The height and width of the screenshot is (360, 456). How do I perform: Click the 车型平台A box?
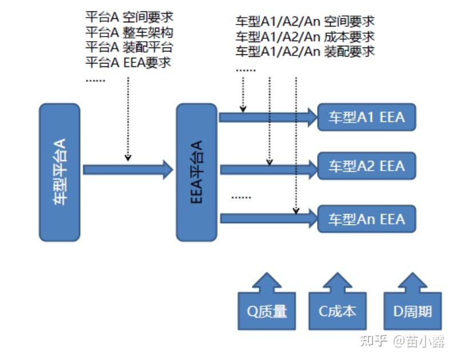[60, 172]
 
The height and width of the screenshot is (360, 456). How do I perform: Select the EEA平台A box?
[196, 172]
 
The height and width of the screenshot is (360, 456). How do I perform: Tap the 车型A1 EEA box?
[366, 117]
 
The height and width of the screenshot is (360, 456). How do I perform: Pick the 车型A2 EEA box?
[366, 167]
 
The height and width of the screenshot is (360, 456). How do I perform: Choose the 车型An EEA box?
[366, 219]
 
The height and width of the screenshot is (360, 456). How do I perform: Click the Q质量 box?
[267, 311]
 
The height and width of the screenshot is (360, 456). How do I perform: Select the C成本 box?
[338, 311]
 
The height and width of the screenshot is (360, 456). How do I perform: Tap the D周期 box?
[412, 311]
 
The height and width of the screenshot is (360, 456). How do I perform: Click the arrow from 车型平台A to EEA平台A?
[128, 169]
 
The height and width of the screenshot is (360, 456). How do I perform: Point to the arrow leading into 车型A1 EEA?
[268, 117]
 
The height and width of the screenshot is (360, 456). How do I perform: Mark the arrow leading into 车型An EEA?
[268, 218]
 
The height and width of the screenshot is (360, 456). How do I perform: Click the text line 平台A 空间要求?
[129, 17]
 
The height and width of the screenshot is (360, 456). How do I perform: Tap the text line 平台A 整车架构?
[129, 32]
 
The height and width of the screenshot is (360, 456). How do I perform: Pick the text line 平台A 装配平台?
[129, 47]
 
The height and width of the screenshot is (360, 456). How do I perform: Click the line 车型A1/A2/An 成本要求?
[305, 37]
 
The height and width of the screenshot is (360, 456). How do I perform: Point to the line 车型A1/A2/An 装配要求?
[305, 52]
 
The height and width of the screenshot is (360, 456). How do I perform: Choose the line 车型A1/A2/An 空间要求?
[305, 22]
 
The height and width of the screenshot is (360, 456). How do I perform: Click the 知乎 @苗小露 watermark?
[402, 341]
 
